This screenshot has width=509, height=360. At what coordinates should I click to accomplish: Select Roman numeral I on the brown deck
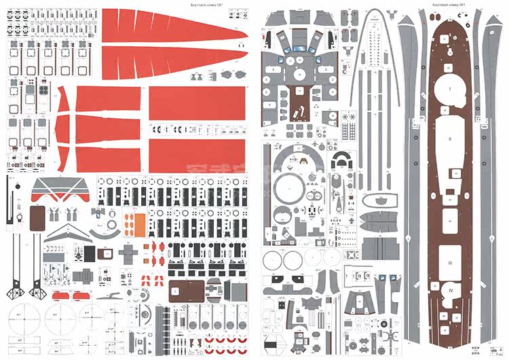pyautogui.click(x=449, y=88)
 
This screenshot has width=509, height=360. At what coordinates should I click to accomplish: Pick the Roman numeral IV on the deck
pyautogui.click(x=449, y=288)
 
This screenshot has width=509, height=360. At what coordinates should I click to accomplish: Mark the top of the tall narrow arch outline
pyautogui.click(x=373, y=15)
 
